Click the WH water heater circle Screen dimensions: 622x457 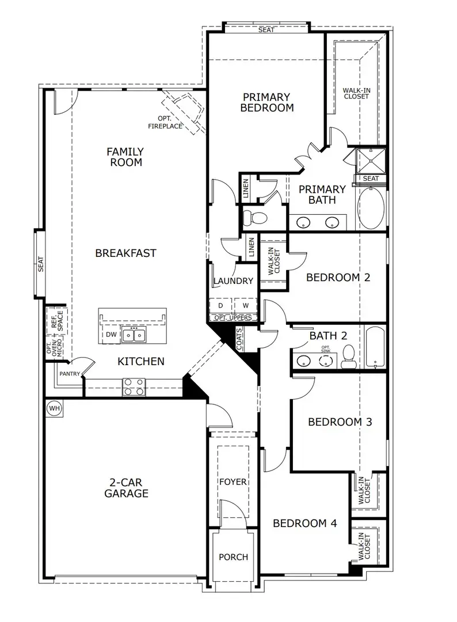point(55,408)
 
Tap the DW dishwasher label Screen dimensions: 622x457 point(111,334)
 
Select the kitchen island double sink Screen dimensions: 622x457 point(134,335)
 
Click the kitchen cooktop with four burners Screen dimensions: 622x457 point(134,386)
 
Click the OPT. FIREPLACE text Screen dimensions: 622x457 point(165,122)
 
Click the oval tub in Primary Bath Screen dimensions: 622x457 point(371,208)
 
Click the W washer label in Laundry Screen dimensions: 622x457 point(245,305)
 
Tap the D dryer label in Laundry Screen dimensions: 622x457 point(220,305)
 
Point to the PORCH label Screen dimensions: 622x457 point(233,557)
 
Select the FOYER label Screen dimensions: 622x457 point(233,481)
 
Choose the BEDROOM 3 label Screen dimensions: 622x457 point(340,422)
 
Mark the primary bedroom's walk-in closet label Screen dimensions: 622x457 point(356,93)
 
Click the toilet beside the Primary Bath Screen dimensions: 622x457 point(254,218)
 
